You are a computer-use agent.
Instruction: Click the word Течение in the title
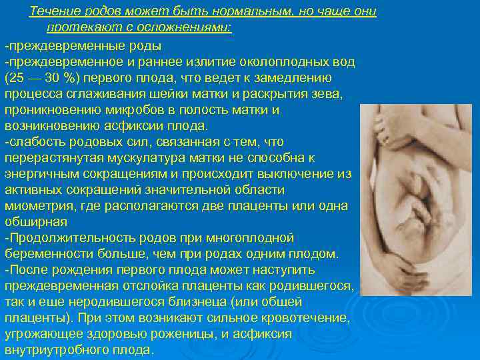[53, 13]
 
